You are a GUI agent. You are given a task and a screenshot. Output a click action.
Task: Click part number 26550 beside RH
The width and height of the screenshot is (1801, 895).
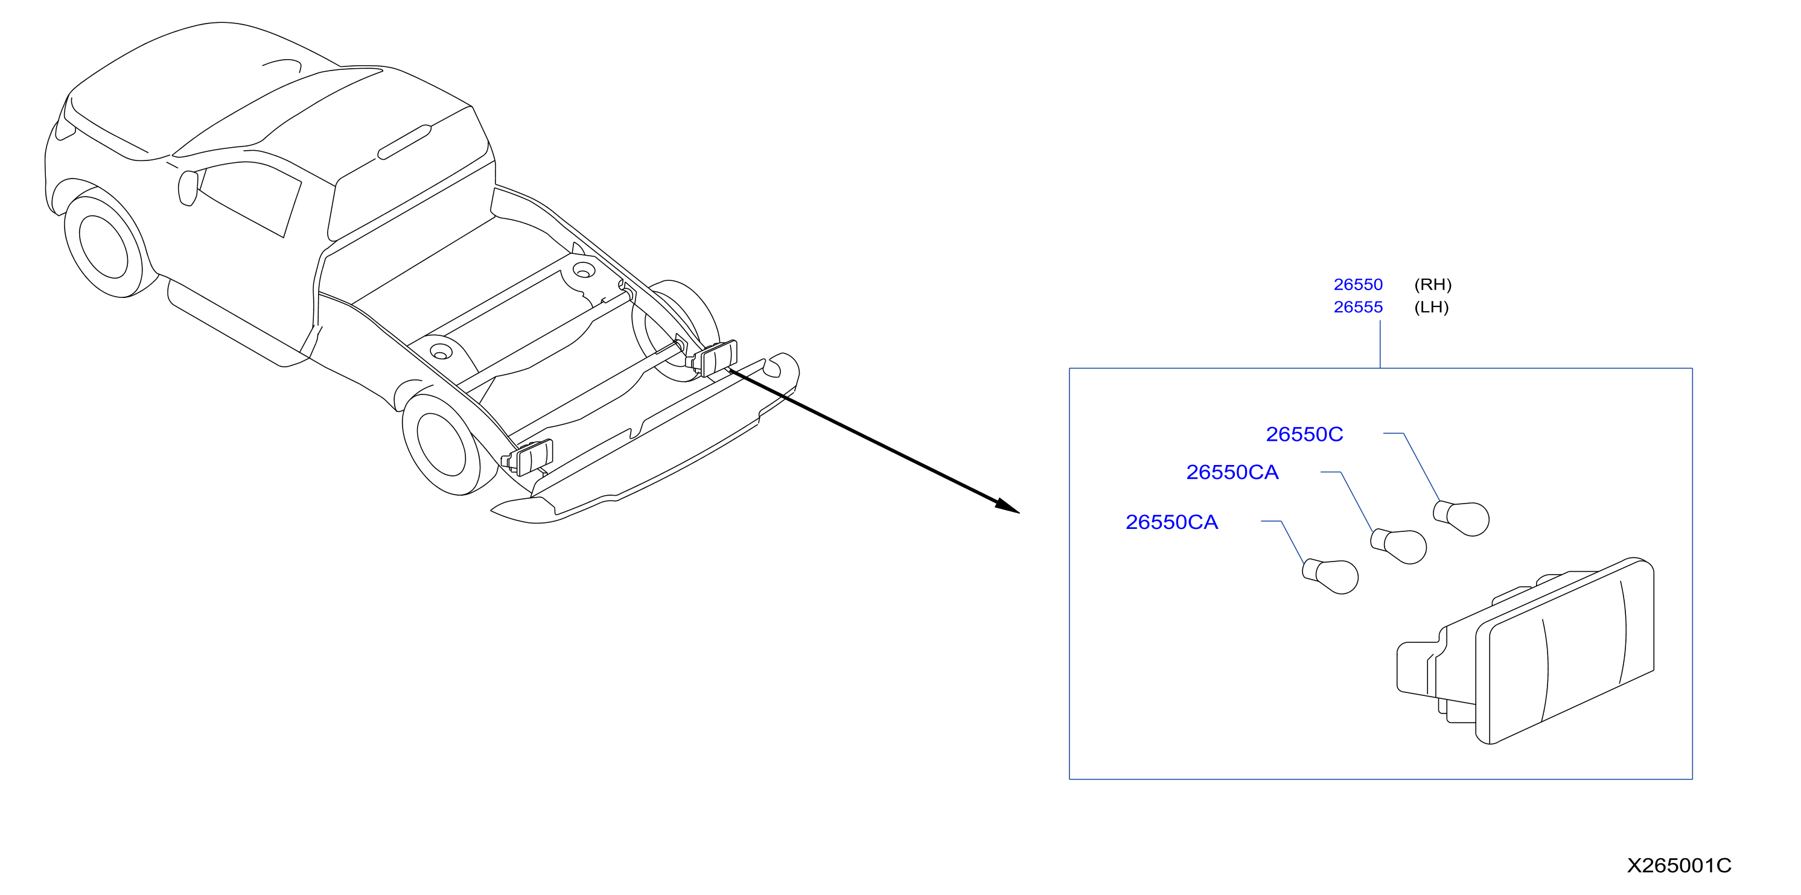[1358, 284]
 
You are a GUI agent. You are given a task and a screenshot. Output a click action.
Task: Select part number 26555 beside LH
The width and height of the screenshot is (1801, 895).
[1358, 307]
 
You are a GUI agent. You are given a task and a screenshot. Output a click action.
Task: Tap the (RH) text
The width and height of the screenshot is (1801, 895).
[1433, 284]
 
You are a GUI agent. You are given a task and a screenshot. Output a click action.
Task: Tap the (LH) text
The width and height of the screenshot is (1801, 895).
[1431, 307]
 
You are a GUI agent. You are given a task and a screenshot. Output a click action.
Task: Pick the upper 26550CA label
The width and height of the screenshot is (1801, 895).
[1232, 472]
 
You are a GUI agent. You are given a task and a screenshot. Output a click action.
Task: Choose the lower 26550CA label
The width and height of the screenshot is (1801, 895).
[1171, 522]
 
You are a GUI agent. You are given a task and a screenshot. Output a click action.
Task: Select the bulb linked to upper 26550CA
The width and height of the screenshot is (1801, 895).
[1398, 546]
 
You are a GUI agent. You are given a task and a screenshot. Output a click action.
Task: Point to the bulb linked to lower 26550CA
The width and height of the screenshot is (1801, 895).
[1330, 577]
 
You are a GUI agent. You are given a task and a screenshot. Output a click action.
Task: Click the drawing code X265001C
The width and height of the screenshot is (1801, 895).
[1678, 865]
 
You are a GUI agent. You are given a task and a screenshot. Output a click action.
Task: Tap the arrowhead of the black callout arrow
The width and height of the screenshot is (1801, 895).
[1008, 506]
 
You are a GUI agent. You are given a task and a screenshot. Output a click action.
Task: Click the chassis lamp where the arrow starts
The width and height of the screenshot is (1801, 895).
[715, 358]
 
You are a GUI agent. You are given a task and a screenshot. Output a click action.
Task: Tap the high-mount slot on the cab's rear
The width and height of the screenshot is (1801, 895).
[404, 142]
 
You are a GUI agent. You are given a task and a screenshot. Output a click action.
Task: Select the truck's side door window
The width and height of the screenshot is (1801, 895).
[248, 198]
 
